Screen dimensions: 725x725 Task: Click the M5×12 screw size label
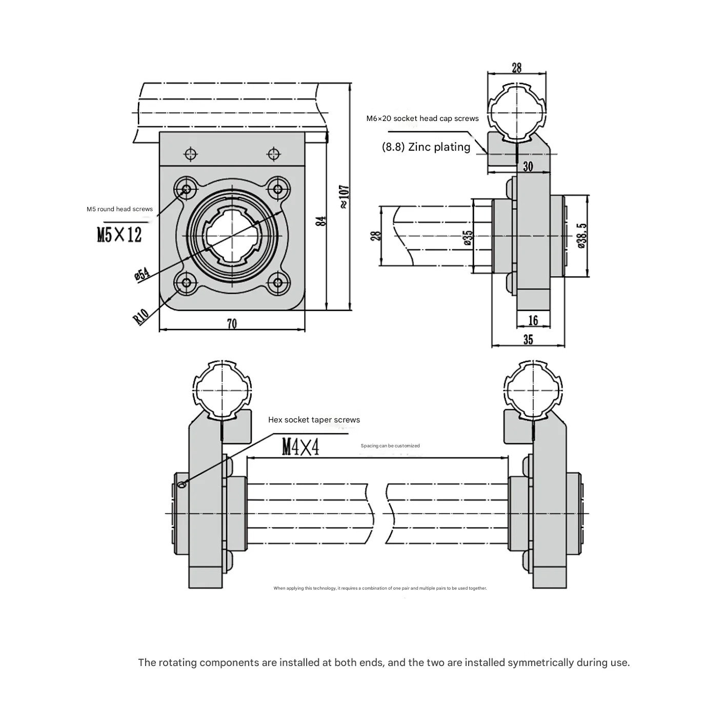[x=119, y=235]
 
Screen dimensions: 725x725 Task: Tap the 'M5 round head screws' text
[x=119, y=209]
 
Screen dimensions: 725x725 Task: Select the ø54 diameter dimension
[x=142, y=274]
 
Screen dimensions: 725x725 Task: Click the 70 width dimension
[x=232, y=324]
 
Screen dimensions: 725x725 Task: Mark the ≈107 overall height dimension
[x=344, y=197]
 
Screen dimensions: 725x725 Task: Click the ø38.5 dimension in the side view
[x=581, y=236]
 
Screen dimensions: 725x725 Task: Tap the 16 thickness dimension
[x=533, y=320]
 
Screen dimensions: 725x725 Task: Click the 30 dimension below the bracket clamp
[x=528, y=166]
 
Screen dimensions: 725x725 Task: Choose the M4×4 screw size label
[x=300, y=448]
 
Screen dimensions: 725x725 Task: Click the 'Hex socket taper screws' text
[x=314, y=420]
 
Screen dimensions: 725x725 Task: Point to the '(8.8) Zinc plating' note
[x=426, y=147]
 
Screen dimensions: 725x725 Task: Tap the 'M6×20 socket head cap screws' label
[x=422, y=118]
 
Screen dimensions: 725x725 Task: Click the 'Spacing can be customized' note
[x=390, y=446]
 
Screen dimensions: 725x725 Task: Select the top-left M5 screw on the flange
[x=186, y=190]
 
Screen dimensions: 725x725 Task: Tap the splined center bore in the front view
[x=232, y=236]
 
